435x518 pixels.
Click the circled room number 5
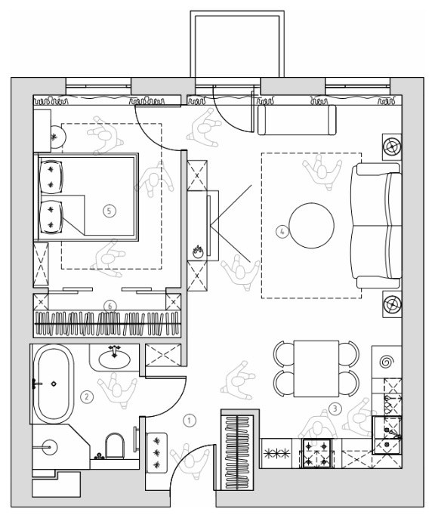pos(110,211)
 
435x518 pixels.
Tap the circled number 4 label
pos(282,231)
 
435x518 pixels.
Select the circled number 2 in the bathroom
pos(87,396)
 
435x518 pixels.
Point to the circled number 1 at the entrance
pos(190,421)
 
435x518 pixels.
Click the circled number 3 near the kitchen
pos(335,409)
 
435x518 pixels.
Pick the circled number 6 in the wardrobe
pos(110,306)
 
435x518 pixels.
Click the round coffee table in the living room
pos(311,226)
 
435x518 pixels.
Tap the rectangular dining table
pos(316,368)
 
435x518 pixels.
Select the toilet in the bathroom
pos(114,446)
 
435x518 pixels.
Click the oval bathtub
pos(53,384)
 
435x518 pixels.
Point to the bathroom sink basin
pos(114,359)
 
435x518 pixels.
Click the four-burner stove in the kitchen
pos(316,453)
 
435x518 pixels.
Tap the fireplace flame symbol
pos(198,251)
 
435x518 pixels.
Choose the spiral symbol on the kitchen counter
pos(385,362)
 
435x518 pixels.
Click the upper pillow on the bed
pos(51,177)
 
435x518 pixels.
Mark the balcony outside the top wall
pos(237,45)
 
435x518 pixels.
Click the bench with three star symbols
pos(156,452)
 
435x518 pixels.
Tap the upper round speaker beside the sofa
pos(392,146)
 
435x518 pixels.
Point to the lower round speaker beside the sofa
pos(392,304)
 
